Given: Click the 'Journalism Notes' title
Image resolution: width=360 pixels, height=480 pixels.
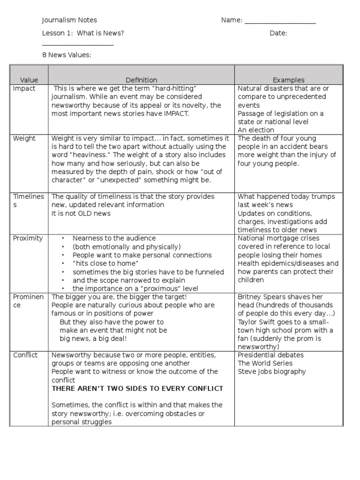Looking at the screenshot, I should (69, 20).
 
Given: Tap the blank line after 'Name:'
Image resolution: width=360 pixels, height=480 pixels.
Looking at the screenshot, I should (280, 21).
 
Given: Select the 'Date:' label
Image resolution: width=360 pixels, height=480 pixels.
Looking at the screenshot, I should (278, 33).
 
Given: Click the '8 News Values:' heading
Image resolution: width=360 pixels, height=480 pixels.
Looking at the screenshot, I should (67, 55).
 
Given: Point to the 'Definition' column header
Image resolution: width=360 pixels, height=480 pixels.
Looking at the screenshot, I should (141, 80).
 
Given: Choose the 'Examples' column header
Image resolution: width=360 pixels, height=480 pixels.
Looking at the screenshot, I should (288, 80).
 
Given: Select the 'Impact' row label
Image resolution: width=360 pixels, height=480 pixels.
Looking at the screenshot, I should (24, 89).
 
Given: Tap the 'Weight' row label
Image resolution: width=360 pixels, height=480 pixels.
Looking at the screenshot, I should (24, 139).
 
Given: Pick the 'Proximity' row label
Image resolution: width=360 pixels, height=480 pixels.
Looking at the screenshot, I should (28, 238).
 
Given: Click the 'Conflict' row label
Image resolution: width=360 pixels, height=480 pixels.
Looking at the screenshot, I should (26, 355).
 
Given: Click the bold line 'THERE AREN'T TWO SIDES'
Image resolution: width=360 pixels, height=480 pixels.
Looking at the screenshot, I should (137, 389).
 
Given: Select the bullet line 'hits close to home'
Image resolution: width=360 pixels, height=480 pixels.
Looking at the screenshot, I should (100, 263).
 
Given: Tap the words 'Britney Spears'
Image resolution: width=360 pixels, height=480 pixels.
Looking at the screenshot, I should (261, 297).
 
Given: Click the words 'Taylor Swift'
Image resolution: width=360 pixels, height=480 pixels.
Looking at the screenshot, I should (257, 322).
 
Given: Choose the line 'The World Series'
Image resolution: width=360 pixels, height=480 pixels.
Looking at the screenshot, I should (265, 363).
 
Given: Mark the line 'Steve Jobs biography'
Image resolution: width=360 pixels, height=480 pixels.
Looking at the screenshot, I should (272, 372).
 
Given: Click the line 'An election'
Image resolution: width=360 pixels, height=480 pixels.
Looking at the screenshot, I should (256, 130).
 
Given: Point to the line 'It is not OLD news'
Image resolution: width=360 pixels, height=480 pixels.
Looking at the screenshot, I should (81, 213).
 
